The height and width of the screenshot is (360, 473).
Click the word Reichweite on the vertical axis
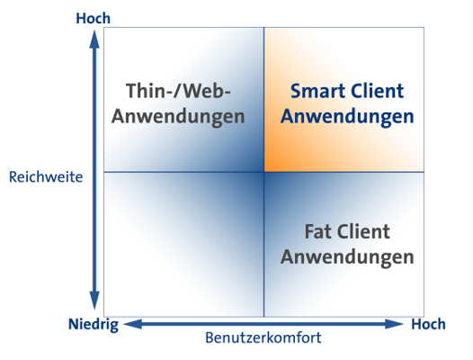(x=46, y=177)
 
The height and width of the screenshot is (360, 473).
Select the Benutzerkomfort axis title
(x=263, y=337)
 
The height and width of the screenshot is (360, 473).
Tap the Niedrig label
(x=94, y=325)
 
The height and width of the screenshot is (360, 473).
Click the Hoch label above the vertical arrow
(x=94, y=18)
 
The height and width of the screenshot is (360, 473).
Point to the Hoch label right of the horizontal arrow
(x=428, y=324)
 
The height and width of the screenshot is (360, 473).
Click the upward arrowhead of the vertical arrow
(x=94, y=39)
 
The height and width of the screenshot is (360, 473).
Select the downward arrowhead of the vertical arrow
(x=94, y=301)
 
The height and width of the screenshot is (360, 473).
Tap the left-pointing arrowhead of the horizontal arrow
(x=133, y=324)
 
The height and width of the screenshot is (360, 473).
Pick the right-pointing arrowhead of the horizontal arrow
(x=394, y=324)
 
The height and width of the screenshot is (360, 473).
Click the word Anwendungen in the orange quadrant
(x=347, y=117)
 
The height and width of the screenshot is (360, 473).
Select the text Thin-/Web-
(x=178, y=91)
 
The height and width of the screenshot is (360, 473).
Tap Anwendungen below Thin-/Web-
(x=178, y=117)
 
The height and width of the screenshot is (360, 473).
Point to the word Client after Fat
(x=363, y=231)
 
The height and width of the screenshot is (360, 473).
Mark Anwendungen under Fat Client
(x=347, y=258)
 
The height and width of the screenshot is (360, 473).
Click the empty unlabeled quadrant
(x=184, y=245)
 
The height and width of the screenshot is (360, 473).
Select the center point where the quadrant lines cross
(x=264, y=172)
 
